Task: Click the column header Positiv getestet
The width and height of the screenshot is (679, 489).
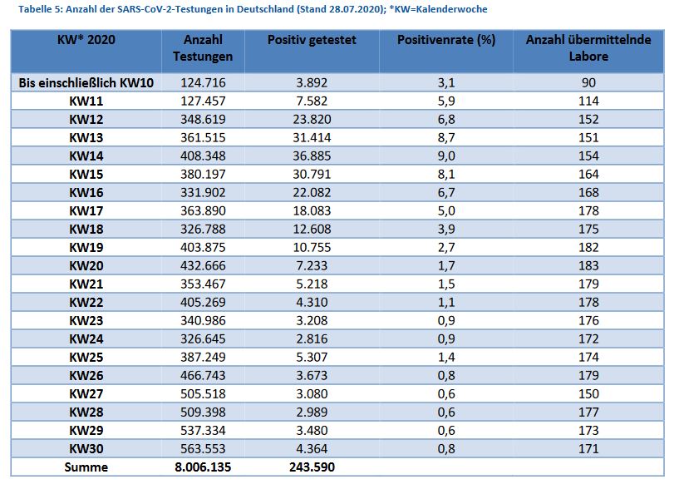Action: (x=312, y=40)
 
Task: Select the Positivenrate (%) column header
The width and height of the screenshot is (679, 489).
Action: (x=446, y=40)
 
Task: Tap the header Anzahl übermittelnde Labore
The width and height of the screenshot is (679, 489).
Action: (x=588, y=48)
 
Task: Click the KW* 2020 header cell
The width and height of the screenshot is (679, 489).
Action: (x=86, y=40)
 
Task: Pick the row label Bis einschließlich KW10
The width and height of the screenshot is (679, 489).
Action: (x=86, y=83)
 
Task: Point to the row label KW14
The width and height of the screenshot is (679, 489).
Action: (x=86, y=156)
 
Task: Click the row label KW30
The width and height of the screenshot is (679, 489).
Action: (x=86, y=449)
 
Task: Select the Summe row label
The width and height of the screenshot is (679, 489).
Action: (x=86, y=467)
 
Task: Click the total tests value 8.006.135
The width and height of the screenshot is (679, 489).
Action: (x=203, y=467)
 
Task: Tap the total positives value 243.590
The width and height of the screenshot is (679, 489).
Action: (x=312, y=467)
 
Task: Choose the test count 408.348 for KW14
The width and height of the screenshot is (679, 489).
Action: (x=203, y=156)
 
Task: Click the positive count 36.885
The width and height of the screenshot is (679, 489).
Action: (x=312, y=156)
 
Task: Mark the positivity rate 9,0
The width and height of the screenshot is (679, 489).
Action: (x=446, y=156)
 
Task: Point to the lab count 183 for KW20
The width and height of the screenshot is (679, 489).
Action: (x=588, y=266)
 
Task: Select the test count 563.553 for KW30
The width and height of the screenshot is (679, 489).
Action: (x=203, y=449)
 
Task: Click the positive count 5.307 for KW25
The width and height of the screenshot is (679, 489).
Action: (x=312, y=358)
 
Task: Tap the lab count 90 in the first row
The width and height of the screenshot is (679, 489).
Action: (x=588, y=83)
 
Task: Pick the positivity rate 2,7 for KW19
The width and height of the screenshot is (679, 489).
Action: (x=446, y=248)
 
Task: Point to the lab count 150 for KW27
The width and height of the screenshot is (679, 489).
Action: (x=588, y=394)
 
